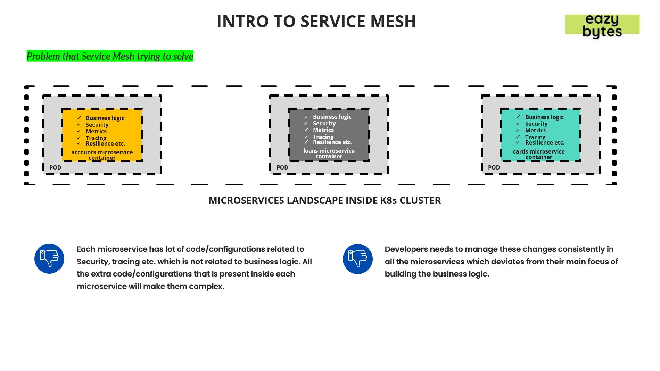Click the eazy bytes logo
coord(602,25)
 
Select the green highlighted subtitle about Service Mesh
coord(110,56)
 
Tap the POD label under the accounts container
coord(55,168)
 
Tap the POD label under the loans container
coord(282,168)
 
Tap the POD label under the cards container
coord(494,168)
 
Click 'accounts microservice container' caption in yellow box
coord(102,155)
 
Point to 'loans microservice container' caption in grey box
coord(329,154)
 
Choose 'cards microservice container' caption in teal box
coord(539,154)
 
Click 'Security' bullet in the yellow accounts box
coord(97,125)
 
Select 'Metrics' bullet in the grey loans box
coord(323,130)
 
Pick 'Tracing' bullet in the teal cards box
coord(535,137)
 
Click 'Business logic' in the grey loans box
coord(332,117)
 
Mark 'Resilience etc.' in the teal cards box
coord(545,143)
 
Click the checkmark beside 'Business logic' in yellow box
coord(79,118)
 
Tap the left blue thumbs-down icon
coord(49,259)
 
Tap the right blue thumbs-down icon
coord(358,259)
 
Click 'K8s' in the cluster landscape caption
coord(388,201)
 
